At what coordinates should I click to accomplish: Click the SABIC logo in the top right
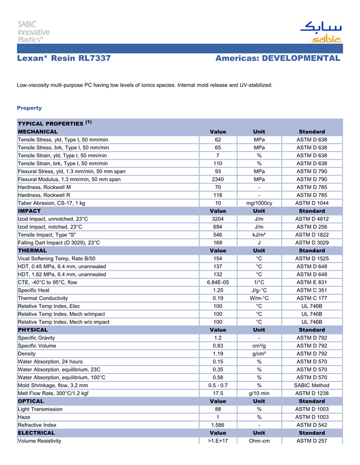(320, 32)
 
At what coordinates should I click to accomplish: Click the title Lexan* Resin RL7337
(64, 58)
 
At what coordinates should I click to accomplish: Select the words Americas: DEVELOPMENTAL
(278, 58)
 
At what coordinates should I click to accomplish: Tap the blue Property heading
(29, 108)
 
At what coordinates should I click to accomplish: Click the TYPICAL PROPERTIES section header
(55, 124)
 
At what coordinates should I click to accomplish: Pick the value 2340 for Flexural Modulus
(218, 179)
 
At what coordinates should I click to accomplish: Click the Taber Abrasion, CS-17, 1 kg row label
(51, 203)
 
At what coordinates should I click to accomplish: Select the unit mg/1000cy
(259, 203)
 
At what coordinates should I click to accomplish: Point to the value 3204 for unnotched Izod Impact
(218, 219)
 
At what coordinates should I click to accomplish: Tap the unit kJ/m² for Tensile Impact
(259, 235)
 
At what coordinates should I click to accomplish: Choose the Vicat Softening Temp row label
(57, 258)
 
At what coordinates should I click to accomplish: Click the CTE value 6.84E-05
(218, 282)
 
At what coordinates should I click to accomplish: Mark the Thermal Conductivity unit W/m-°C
(259, 298)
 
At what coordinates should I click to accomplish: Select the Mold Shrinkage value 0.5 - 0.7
(218, 385)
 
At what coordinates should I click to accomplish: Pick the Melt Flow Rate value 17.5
(218, 393)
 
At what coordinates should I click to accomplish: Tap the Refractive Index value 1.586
(218, 425)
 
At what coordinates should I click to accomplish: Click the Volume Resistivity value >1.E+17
(218, 441)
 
